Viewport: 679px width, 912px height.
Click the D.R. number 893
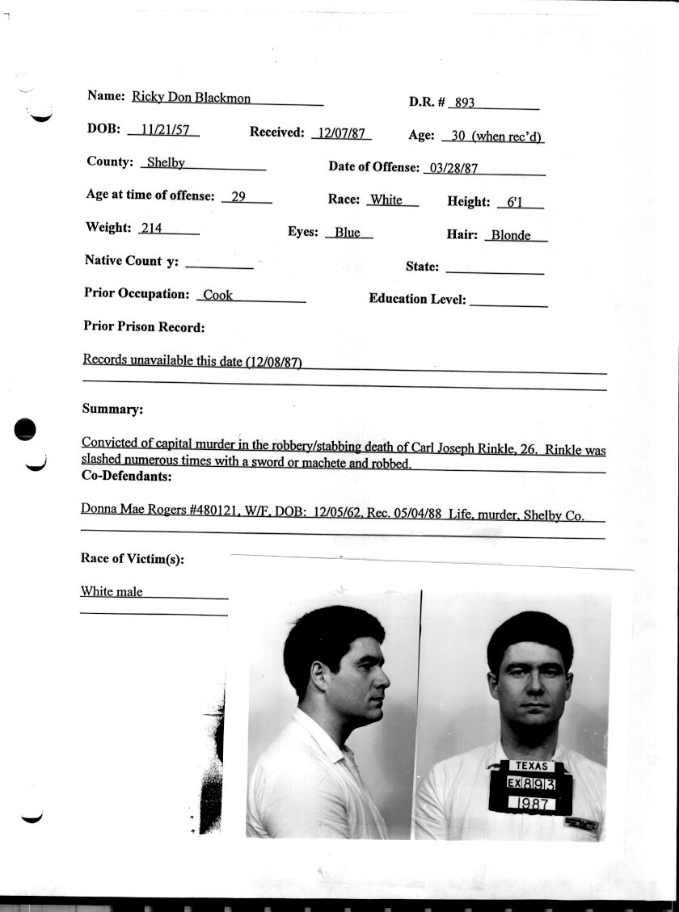click(465, 103)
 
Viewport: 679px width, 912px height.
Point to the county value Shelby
click(166, 162)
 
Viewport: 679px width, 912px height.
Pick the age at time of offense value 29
click(238, 195)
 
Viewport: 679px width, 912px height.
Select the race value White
click(386, 200)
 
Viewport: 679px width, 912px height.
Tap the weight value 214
click(151, 228)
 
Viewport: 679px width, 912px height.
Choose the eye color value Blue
click(348, 232)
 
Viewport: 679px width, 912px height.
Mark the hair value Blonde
click(511, 235)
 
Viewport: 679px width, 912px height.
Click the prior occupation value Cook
click(217, 295)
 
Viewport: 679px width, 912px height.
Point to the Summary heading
click(112, 409)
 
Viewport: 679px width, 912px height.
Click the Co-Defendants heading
click(126, 477)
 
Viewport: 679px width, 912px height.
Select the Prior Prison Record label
click(144, 327)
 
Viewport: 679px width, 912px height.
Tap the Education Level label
click(417, 299)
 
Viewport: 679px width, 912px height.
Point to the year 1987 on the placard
click(530, 804)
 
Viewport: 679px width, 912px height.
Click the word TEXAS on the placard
click(531, 766)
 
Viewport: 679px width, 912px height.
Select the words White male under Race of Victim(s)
click(112, 591)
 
